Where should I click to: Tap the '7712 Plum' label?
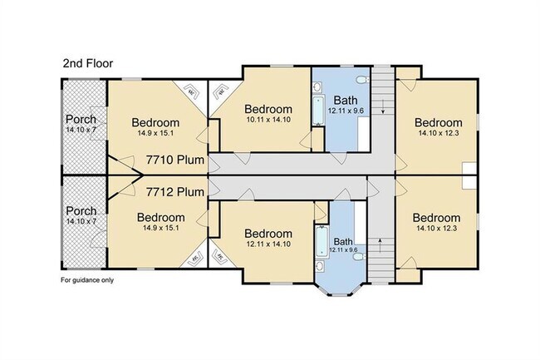174,192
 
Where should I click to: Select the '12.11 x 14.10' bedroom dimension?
268,245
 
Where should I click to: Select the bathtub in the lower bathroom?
321,240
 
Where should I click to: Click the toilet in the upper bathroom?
358,80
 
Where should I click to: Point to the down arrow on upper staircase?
380,108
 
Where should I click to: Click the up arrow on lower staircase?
380,244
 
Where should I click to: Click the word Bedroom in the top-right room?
438,122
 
